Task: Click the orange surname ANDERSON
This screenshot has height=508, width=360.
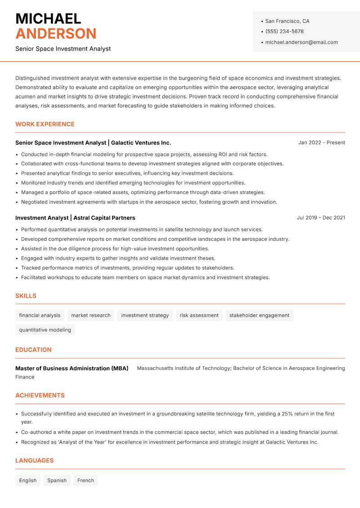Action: pyautogui.click(x=56, y=34)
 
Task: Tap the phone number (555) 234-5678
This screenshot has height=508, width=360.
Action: pyautogui.click(x=284, y=31)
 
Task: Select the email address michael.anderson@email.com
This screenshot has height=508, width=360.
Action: pyautogui.click(x=301, y=42)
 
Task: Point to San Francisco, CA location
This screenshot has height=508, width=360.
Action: pyautogui.click(x=287, y=21)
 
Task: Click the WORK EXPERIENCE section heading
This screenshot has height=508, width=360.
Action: pyautogui.click(x=45, y=124)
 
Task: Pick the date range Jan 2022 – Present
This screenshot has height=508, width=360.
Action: pyautogui.click(x=321, y=143)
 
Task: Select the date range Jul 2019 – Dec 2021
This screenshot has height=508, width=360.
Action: pyautogui.click(x=321, y=218)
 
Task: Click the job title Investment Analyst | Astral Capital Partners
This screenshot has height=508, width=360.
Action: pyautogui.click(x=75, y=218)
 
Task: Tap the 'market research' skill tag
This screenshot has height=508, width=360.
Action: pyautogui.click(x=90, y=315)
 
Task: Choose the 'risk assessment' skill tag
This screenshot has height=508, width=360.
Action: pyautogui.click(x=199, y=315)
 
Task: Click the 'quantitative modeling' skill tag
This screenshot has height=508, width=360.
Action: pyautogui.click(x=45, y=330)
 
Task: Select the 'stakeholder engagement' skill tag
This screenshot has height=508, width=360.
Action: pyautogui.click(x=259, y=315)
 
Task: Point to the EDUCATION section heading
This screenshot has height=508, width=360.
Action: pyautogui.click(x=33, y=350)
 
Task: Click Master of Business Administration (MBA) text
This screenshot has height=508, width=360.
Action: pyautogui.click(x=72, y=368)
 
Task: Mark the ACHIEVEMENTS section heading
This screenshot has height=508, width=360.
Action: pyautogui.click(x=40, y=396)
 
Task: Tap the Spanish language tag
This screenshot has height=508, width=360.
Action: pyautogui.click(x=57, y=480)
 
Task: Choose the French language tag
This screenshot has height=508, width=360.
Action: pyautogui.click(x=85, y=480)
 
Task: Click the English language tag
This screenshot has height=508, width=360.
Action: pyautogui.click(x=28, y=480)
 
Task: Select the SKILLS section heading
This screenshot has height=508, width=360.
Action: pyautogui.click(x=26, y=296)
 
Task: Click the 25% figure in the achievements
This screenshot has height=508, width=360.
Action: pyautogui.click(x=288, y=414)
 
